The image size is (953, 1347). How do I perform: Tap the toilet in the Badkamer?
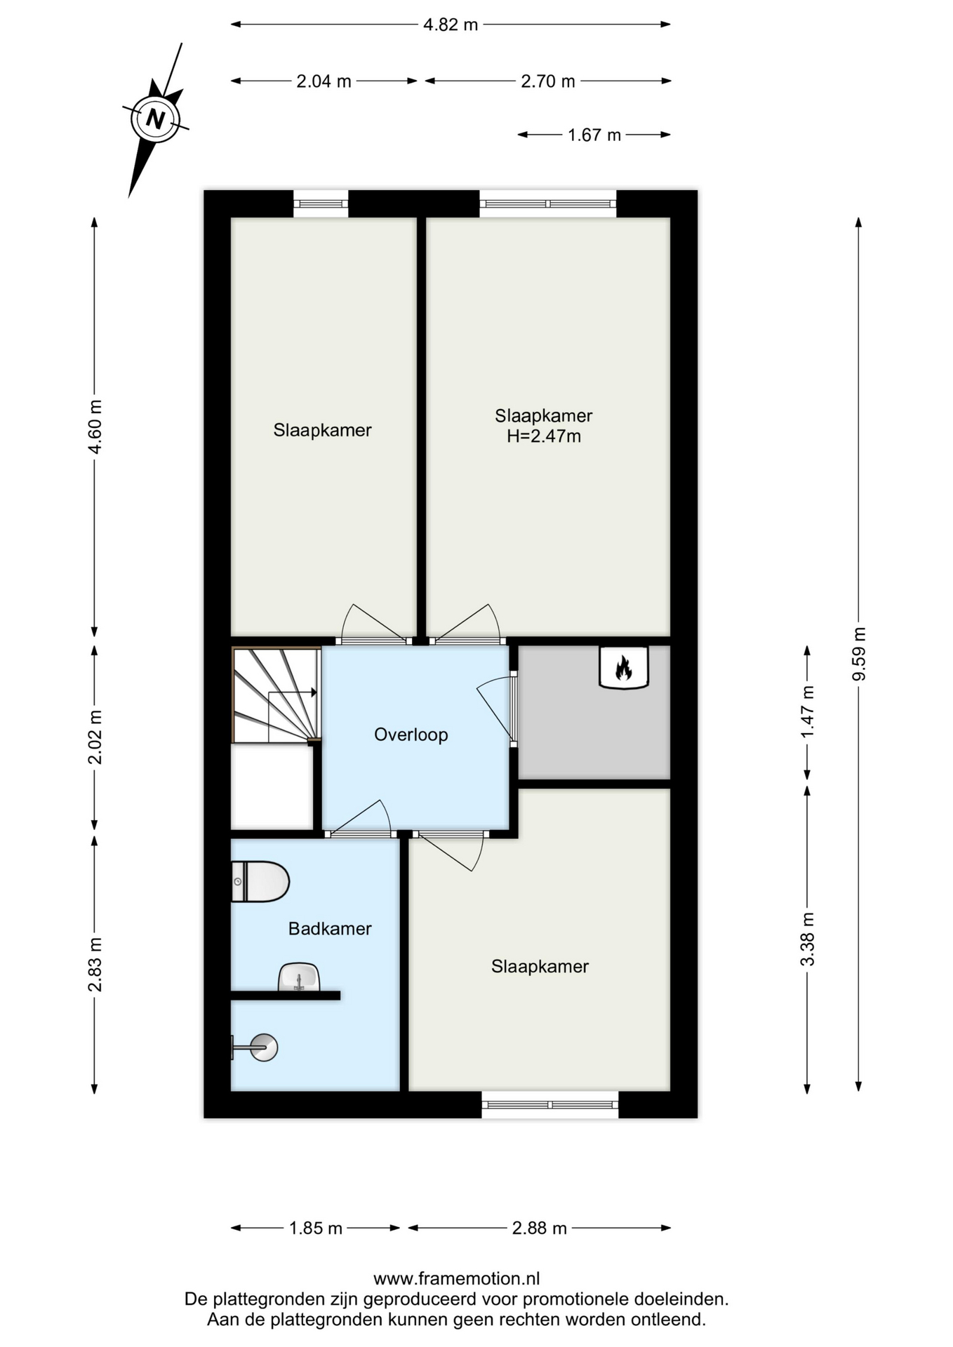point(260,882)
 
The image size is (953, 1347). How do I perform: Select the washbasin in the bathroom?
point(299,977)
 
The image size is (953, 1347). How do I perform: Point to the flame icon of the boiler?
point(622,667)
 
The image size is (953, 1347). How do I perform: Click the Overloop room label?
point(411,735)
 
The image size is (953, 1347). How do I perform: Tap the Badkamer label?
point(330,929)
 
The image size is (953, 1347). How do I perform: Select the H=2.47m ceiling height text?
point(544,436)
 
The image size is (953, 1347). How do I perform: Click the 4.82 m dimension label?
point(451,25)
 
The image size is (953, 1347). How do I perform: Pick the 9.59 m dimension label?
point(859,654)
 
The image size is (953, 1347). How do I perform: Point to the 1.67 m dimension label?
point(594,135)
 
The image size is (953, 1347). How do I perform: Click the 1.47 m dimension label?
point(808,711)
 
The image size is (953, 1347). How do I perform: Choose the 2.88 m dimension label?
point(540,1228)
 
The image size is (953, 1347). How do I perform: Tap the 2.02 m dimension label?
point(95,737)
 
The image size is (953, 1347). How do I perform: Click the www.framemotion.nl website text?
point(457,1279)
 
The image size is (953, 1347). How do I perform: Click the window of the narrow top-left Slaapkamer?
point(321,203)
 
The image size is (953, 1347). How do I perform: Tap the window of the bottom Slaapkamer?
point(550,1104)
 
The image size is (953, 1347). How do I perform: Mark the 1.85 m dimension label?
point(316,1228)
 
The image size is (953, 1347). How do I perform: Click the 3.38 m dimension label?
point(808,939)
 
